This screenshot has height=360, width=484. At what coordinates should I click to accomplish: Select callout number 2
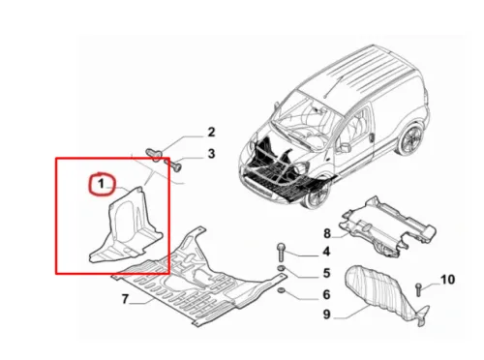pos(210,132)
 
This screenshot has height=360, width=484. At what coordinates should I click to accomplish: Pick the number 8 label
pos(326,232)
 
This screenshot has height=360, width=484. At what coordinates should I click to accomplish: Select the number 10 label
pos(447,281)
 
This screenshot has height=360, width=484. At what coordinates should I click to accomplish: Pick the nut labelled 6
pos(280,292)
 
